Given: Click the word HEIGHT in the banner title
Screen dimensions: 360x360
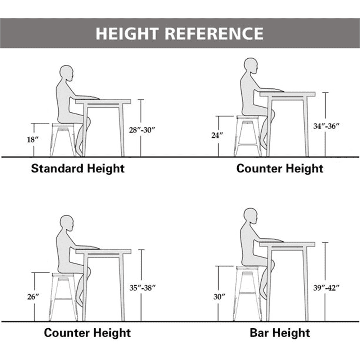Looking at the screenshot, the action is tap(127, 33).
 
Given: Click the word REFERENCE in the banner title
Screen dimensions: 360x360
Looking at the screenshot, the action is tap(214, 33).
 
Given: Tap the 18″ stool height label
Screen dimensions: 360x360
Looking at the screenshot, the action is tap(32, 139).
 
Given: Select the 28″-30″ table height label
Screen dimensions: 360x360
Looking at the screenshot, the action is tap(142, 130).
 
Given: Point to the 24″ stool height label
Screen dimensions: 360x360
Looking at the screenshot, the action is tap(217, 135).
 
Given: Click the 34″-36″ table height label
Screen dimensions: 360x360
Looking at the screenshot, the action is tap(326, 126).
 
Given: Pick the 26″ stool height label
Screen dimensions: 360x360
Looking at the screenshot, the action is tap(33, 297).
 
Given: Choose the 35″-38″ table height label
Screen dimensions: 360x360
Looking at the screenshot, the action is tap(143, 288).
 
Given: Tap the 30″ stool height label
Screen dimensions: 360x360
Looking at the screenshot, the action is tap(219, 297).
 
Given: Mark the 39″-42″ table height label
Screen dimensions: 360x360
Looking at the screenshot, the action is tap(326, 288).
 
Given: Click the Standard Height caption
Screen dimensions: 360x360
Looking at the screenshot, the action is tap(78, 169).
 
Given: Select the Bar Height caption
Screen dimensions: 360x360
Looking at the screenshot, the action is tap(280, 333).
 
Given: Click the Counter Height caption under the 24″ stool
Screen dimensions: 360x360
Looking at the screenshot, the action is tap(280, 169).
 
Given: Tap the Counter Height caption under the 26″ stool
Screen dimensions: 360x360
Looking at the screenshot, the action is tap(87, 333).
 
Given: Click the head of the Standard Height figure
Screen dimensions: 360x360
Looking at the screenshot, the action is tap(67, 73).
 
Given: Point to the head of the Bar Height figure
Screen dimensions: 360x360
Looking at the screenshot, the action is tap(251, 216).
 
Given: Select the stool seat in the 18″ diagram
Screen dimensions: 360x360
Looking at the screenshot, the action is tap(63, 125).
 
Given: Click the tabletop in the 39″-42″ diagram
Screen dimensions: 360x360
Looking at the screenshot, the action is tap(287, 244).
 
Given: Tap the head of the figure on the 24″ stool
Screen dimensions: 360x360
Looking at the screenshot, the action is tap(251, 66).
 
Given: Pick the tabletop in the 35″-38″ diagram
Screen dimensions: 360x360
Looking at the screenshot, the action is tap(103, 251).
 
